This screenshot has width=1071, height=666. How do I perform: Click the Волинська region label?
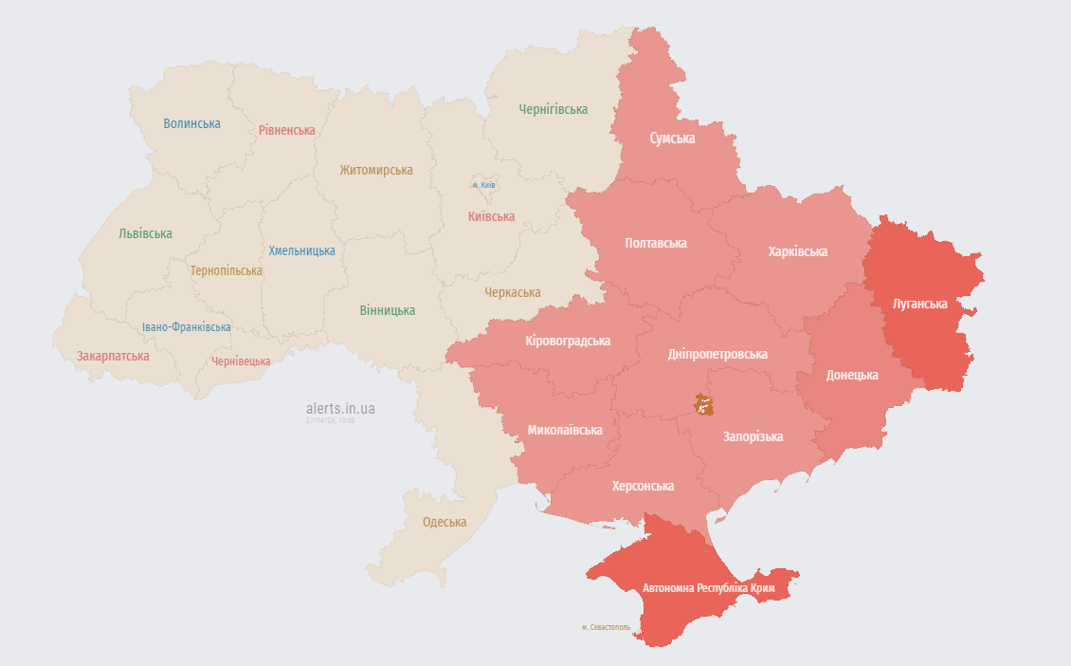[191, 123]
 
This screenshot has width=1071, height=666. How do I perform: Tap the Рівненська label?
[286, 130]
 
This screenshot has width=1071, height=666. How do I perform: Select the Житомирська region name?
[376, 170]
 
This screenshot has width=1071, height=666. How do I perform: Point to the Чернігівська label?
[553, 109]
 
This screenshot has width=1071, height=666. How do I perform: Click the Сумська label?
[672, 139]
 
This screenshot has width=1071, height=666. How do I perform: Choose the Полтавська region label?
[656, 243]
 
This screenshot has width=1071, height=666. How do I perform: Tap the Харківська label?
[797, 251]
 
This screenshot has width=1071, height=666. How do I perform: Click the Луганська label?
[919, 305]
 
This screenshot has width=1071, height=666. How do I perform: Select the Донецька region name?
[851, 375]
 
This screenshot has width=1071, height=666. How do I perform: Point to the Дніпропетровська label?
[717, 354]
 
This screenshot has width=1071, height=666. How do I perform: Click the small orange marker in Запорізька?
[702, 405]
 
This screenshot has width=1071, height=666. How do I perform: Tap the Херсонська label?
[643, 486]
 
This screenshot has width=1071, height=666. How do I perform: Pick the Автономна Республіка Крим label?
[708, 588]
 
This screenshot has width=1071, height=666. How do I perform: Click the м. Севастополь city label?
[605, 627]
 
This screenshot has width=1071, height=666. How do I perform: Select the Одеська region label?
[444, 522]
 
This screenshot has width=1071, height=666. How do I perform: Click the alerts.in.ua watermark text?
[340, 408]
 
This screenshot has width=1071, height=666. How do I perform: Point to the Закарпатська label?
[113, 356]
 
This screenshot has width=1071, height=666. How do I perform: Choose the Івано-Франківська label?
[186, 327]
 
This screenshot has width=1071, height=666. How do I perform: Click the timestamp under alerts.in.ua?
[330, 420]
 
